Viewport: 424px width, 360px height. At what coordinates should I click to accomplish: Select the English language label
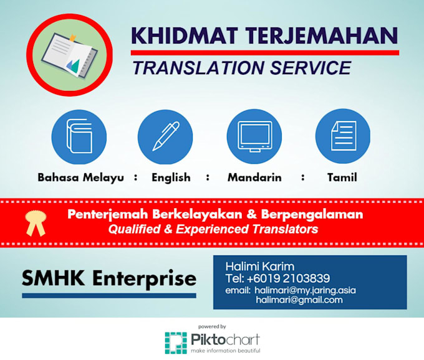(x=171, y=178)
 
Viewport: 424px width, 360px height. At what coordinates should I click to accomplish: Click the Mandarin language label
(x=254, y=178)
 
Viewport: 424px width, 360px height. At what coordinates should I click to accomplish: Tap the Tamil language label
(x=342, y=178)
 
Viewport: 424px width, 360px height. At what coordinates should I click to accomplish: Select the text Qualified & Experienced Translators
(x=213, y=229)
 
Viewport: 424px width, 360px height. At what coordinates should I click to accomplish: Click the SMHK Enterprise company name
(x=109, y=278)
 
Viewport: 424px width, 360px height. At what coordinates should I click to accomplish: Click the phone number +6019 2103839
(x=293, y=278)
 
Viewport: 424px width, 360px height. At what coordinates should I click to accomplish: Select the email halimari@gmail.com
(x=299, y=300)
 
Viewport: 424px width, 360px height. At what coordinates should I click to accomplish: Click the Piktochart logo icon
(x=176, y=343)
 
